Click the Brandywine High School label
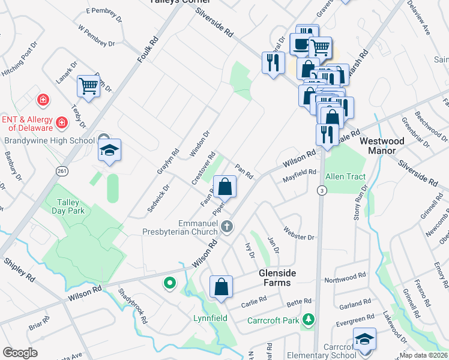coord(49,141)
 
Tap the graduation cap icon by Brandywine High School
coord(109,150)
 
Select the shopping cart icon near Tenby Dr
coord(88,86)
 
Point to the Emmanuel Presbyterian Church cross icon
coord(226,227)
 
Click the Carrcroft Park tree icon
coord(309,319)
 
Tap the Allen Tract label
coord(345,177)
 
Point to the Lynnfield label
coord(210,317)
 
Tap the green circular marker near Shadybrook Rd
coord(170,283)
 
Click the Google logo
coord(20,353)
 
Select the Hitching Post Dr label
coord(20,53)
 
